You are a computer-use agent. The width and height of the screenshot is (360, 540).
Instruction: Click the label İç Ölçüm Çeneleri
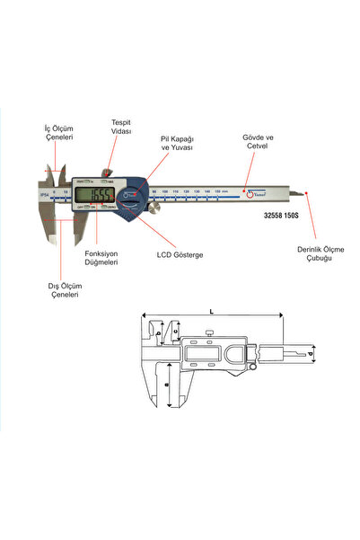59,135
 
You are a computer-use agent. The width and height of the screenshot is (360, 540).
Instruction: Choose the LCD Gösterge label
180,255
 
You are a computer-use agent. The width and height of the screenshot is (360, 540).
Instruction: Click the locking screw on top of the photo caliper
108,173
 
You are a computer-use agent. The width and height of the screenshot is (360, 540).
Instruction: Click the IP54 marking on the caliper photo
44,192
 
